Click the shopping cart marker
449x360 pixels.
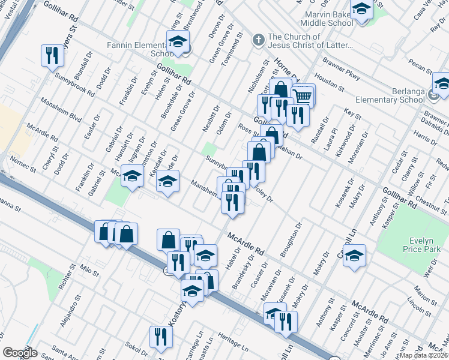(304, 95)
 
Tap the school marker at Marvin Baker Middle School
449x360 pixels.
(362, 10)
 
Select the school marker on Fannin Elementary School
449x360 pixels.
(178, 41)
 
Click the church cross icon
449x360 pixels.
(258, 40)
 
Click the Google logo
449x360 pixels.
(20, 353)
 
